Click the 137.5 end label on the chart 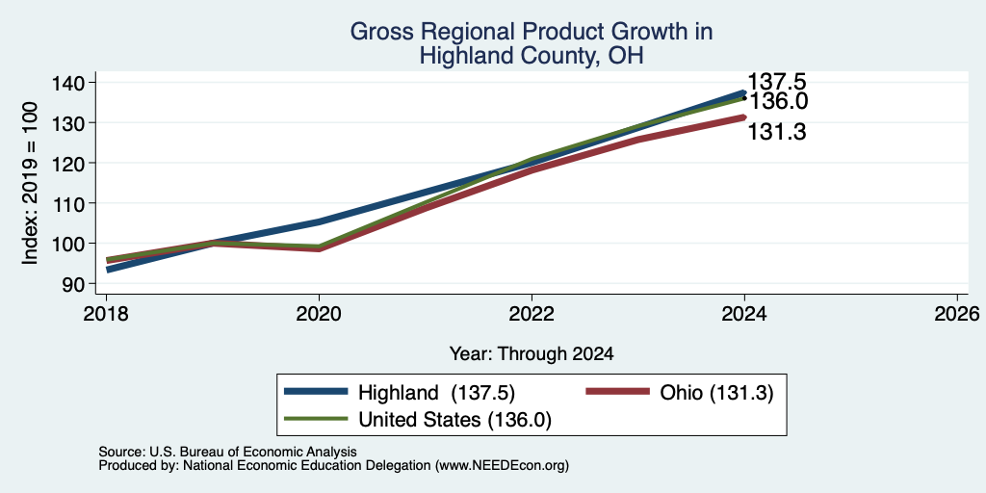click(776, 82)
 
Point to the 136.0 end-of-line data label click(778, 101)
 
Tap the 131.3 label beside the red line click(777, 131)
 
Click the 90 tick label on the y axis click(80, 284)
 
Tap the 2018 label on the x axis click(106, 313)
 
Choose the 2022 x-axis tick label click(532, 313)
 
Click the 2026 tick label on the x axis click(957, 313)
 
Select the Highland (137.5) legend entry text click(436, 393)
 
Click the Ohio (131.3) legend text click(716, 393)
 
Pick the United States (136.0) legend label click(454, 420)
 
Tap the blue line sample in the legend click(316, 392)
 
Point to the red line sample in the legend click(617, 392)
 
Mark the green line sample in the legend click(316, 419)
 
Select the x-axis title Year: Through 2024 click(532, 354)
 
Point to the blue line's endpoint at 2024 click(744, 92)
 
